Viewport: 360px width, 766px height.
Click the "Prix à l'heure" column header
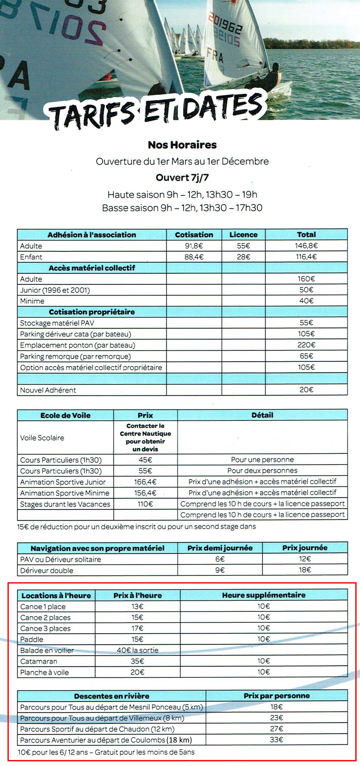coord(137,595)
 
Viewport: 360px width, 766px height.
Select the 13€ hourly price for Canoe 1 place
coord(137,606)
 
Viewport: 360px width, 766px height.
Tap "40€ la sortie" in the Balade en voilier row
coord(137,650)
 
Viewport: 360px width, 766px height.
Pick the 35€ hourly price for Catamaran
coord(137,661)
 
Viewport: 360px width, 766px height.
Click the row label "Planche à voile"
coord(44,672)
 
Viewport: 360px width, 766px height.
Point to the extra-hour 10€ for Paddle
coord(264,639)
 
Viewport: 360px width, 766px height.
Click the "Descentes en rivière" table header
coord(111,696)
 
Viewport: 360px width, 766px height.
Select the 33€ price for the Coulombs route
coord(276,740)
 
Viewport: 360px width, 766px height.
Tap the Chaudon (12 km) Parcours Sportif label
coord(97,729)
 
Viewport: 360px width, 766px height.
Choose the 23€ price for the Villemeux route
coord(276,718)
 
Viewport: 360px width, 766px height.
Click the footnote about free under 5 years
coord(106,752)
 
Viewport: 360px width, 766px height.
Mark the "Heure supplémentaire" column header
coord(264,595)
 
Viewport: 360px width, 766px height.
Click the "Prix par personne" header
coord(276,696)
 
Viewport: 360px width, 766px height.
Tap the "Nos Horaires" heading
coord(182,145)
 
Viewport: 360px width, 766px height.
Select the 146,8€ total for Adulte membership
coord(306,246)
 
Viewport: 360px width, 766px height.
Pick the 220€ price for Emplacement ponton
coord(306,345)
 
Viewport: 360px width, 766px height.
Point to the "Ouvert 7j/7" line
coord(182,178)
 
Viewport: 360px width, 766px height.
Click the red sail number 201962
coord(225,24)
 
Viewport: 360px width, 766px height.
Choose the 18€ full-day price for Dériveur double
coord(305,570)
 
